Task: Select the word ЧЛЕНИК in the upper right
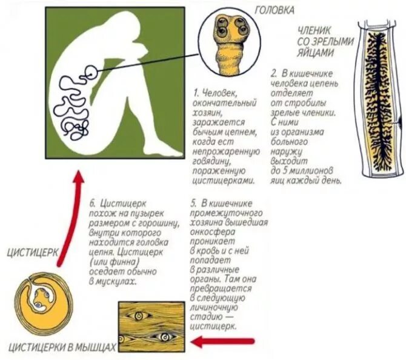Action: pos(319,30)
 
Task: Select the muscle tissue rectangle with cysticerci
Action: pos(151,327)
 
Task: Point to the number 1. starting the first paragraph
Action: pos(197,93)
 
